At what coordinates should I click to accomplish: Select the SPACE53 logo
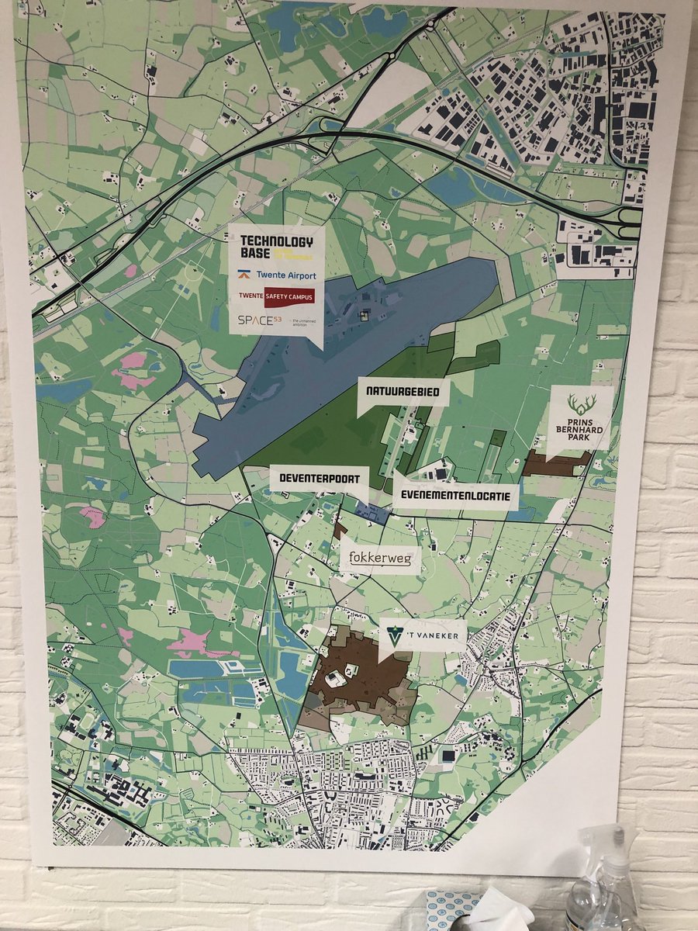pos(261,320)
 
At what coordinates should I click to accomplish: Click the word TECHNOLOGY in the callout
pos(277,242)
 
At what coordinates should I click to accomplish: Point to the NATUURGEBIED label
pos(403,392)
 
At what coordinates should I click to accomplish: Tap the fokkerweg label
pos(380,557)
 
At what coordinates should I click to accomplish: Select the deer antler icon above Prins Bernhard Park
pos(579,403)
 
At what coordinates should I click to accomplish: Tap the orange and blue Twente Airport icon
pos(243,275)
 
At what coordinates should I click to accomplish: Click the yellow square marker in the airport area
pos(362,315)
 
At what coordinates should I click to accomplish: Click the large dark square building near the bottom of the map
pos(448,755)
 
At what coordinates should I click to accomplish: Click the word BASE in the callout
pos(255,254)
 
